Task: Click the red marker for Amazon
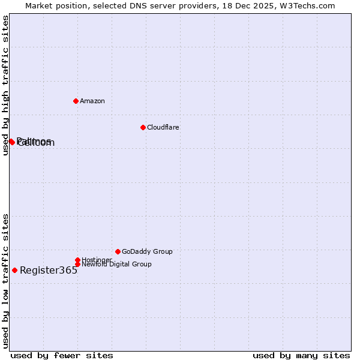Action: (76, 101)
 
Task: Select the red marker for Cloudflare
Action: (143, 127)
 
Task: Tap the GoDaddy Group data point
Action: (118, 251)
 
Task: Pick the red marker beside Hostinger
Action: (77, 260)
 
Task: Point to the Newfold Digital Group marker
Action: (77, 264)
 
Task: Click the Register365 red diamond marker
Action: (14, 270)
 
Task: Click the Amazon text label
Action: (92, 101)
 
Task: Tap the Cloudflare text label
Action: (163, 127)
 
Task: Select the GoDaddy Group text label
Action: (147, 251)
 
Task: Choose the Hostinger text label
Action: (97, 260)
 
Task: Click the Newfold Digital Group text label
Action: (116, 264)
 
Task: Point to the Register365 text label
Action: (49, 270)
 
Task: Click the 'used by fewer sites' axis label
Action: (62, 355)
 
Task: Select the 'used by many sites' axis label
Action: (301, 355)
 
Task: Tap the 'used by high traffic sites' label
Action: (5, 86)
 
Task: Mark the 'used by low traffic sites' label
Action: (5, 281)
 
